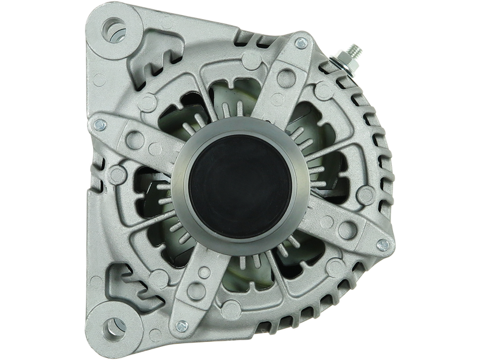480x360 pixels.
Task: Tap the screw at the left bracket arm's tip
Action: click(98, 123)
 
